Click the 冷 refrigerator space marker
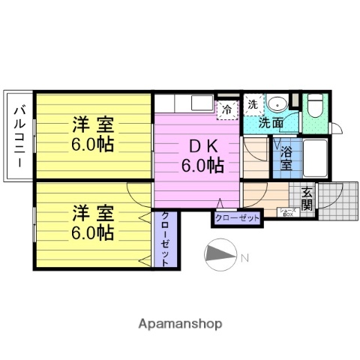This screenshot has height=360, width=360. coord(226,109)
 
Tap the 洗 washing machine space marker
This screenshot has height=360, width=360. coord(253,104)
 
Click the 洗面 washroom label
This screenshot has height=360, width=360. coord(271,123)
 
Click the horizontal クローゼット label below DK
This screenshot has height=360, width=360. coord(238,218)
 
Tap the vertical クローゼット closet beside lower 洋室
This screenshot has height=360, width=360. coord(165,238)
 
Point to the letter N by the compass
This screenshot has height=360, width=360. coord(244,259)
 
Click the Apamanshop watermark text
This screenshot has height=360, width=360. coord(180,324)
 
